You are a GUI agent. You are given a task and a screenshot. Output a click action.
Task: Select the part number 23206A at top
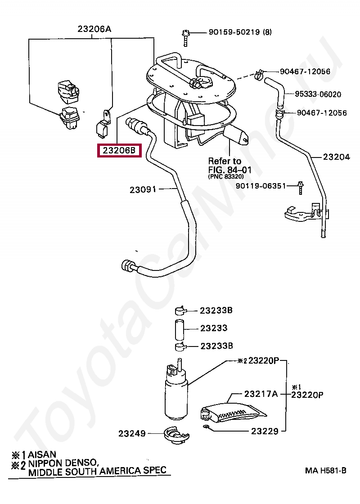pos(94,29)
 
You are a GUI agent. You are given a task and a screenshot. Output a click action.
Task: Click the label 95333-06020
pos(318,94)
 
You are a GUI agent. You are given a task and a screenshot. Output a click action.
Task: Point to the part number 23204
pos(336,157)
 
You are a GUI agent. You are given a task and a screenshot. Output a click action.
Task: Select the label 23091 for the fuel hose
pos(143,189)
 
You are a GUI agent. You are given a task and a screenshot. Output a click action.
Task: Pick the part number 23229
pos(265,431)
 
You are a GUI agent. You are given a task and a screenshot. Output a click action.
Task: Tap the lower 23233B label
pos(216,346)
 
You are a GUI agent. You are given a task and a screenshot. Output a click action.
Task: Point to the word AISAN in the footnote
pos(42,454)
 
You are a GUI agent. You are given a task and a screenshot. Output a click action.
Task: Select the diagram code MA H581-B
pos(325,471)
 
